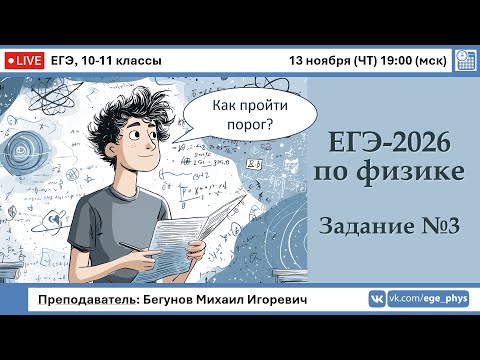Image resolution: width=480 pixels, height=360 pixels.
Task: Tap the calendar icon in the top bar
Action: pos(464,60)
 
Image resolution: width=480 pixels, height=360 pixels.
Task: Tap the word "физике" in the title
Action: pos(417,172)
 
